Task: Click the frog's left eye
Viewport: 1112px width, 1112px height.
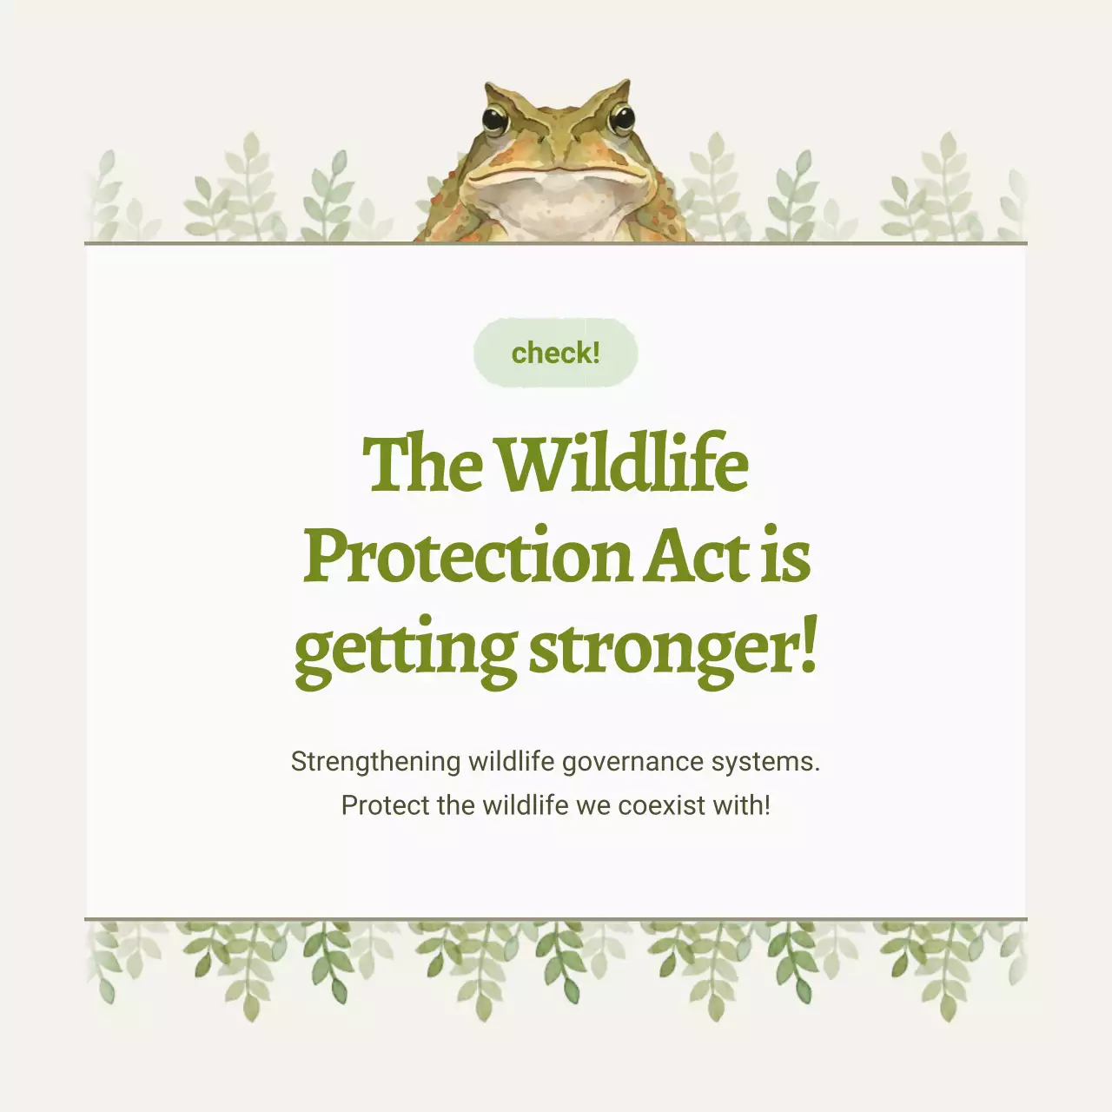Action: point(495,119)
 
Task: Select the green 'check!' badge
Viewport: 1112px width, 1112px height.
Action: point(556,353)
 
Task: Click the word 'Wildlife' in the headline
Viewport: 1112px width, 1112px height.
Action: point(623,464)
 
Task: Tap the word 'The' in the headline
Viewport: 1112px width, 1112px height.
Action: point(422,464)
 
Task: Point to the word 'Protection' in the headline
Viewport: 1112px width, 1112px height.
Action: point(467,556)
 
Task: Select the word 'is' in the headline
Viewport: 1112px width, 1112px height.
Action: point(787,556)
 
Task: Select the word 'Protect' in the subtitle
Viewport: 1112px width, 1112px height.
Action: point(385,805)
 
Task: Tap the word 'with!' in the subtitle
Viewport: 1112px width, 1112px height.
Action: point(741,805)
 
